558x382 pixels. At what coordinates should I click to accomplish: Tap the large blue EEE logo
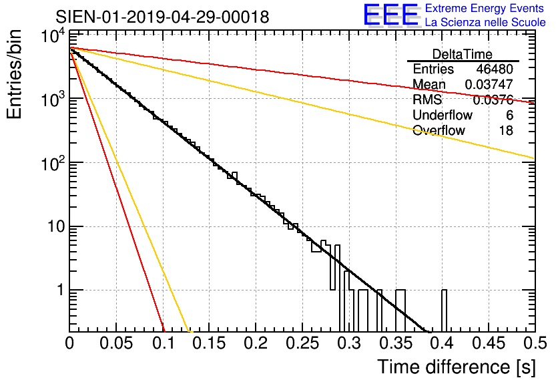[x=391, y=16]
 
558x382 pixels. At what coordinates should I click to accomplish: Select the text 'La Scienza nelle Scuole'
[x=485, y=23]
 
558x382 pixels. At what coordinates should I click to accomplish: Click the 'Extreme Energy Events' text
[x=485, y=9]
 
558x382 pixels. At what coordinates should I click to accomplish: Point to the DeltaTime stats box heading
[x=463, y=54]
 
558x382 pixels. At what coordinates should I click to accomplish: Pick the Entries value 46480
[x=495, y=69]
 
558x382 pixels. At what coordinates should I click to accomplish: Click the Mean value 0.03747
[x=489, y=85]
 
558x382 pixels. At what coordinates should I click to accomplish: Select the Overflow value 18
[x=506, y=130]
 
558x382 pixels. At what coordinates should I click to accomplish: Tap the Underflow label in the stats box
[x=443, y=116]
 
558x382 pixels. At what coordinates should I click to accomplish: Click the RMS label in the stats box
[x=427, y=100]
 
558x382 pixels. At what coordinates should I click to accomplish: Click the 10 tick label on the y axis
[x=53, y=226]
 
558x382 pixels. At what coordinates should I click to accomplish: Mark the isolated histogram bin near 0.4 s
[x=444, y=311]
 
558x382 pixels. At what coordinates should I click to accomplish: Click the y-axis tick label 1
[x=58, y=291]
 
